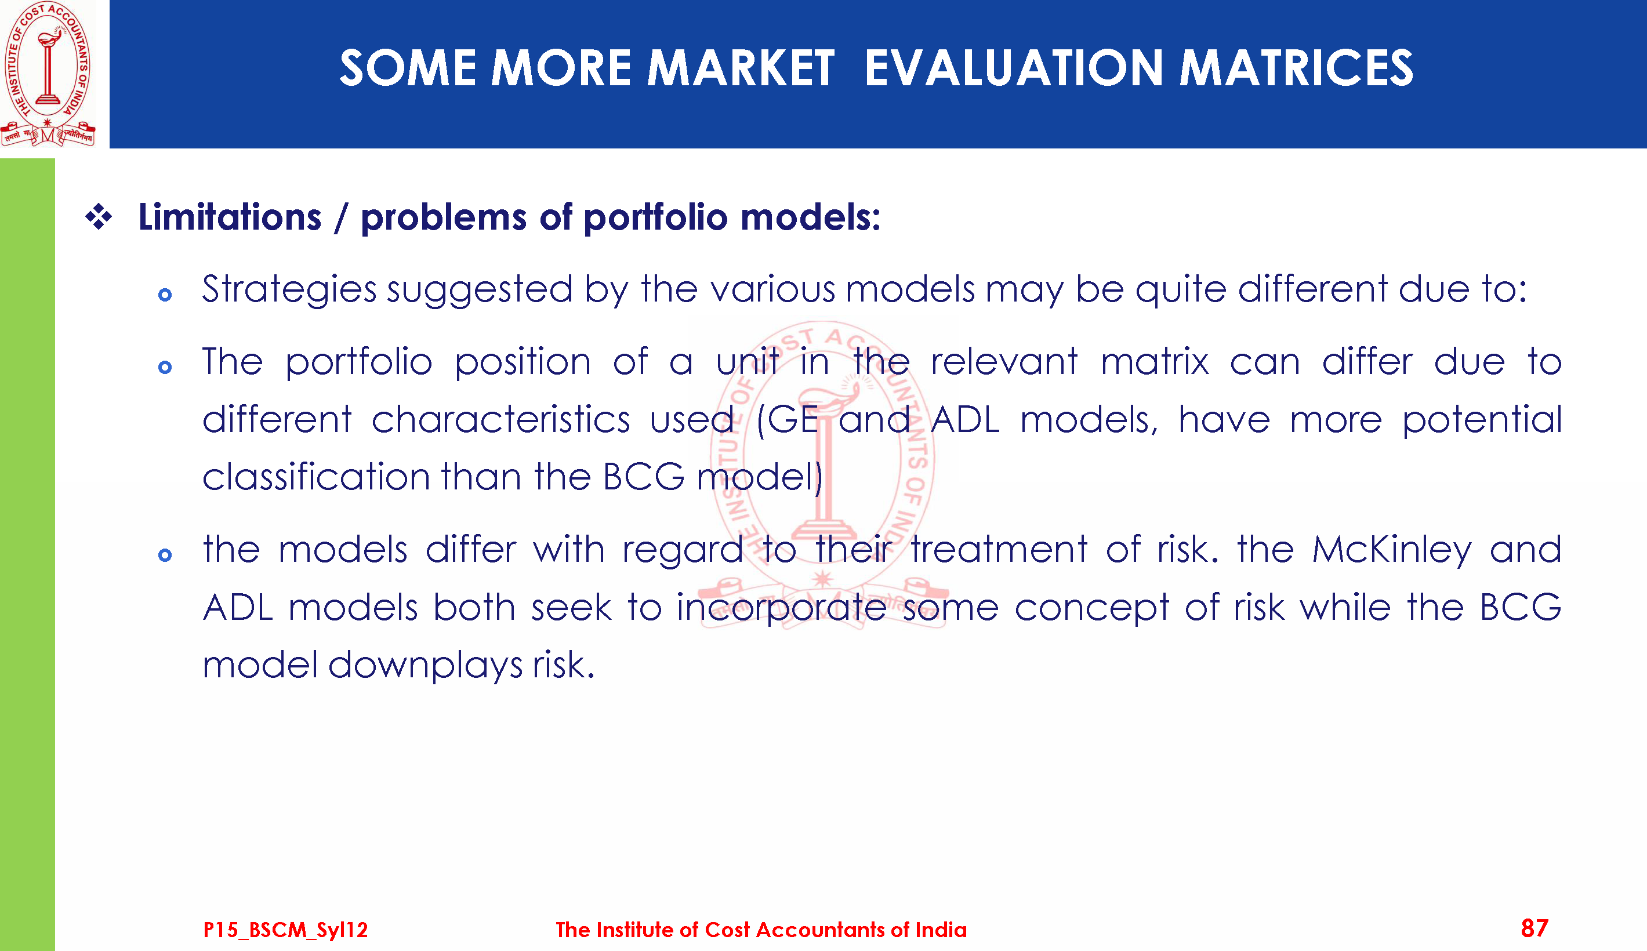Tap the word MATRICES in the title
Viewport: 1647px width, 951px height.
(x=1296, y=68)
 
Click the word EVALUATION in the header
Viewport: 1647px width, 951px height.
(x=1014, y=68)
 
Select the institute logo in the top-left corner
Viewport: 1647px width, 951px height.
(x=48, y=74)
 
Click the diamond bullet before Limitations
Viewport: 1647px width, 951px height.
(x=99, y=217)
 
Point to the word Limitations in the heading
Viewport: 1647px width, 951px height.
(x=230, y=217)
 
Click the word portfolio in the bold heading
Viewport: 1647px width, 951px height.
(x=656, y=218)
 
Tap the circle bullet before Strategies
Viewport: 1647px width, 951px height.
(x=165, y=295)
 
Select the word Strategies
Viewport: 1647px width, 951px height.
(x=289, y=289)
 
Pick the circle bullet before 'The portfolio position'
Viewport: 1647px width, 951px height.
(x=165, y=368)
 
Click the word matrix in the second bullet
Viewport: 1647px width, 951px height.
(x=1155, y=362)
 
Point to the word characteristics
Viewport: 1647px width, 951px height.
(x=501, y=419)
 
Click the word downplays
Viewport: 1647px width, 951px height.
(x=425, y=666)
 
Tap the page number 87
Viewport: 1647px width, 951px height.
(x=1534, y=928)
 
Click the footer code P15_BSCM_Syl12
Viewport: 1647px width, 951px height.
(x=285, y=930)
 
